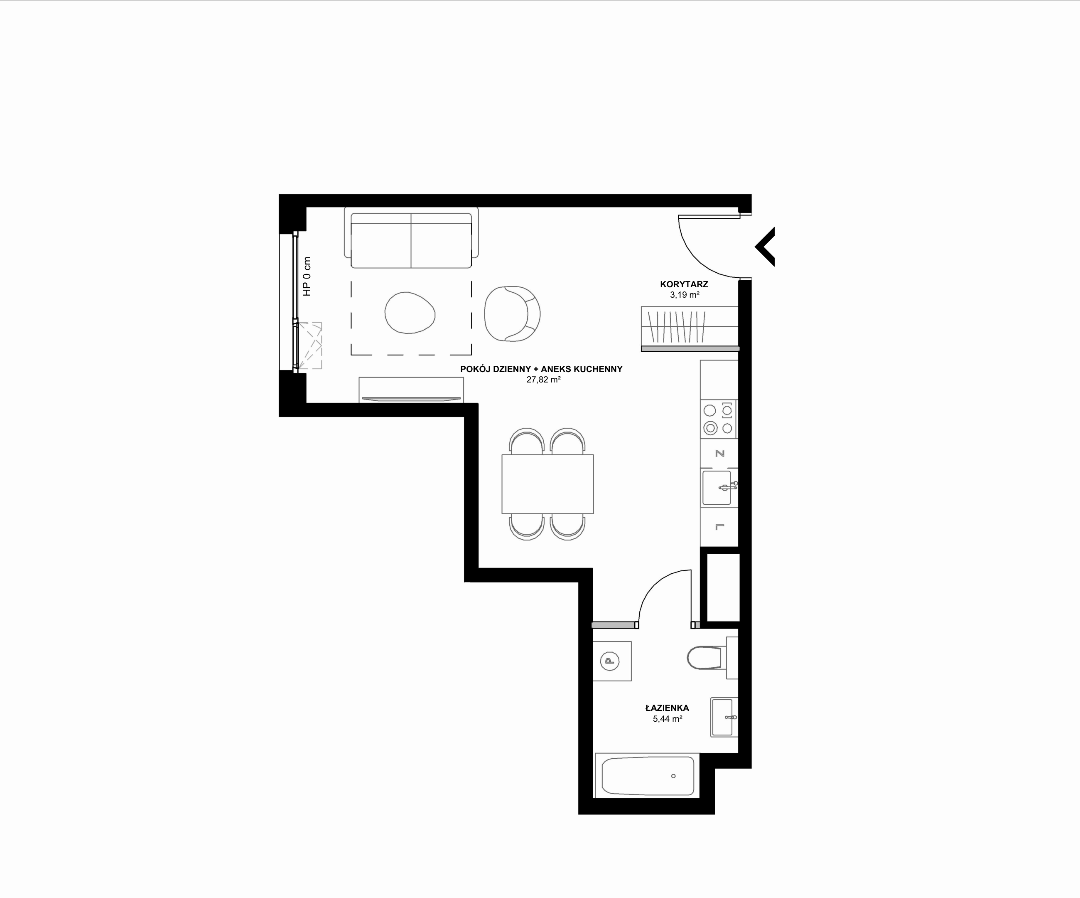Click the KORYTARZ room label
coord(684,284)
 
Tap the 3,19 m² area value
coord(685,295)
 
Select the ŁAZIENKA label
coord(667,708)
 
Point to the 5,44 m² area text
coord(668,719)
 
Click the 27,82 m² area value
coord(543,380)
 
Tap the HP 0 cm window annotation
coord(307,276)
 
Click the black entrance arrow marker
coord(765,247)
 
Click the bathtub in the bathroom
coord(648,776)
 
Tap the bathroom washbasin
coord(724,717)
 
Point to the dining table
coord(548,484)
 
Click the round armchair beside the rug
coord(512,314)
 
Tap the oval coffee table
coord(410,312)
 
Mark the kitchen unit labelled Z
coord(719,454)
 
